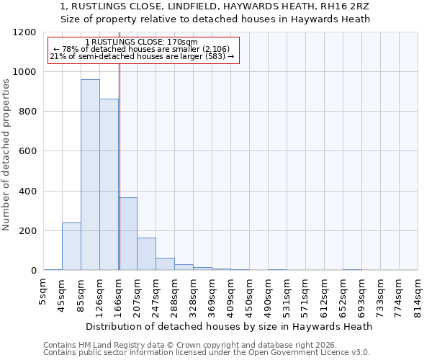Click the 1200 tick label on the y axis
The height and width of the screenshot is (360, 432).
(24, 32)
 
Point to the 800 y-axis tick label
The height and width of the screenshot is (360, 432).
(27, 112)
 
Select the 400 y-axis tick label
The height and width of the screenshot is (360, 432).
(27, 192)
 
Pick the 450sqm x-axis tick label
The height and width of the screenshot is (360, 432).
(249, 293)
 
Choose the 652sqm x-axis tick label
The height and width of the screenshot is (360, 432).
(343, 293)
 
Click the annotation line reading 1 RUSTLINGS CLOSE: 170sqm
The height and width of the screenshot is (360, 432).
(141, 42)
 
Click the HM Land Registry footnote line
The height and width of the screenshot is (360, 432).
(190, 345)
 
